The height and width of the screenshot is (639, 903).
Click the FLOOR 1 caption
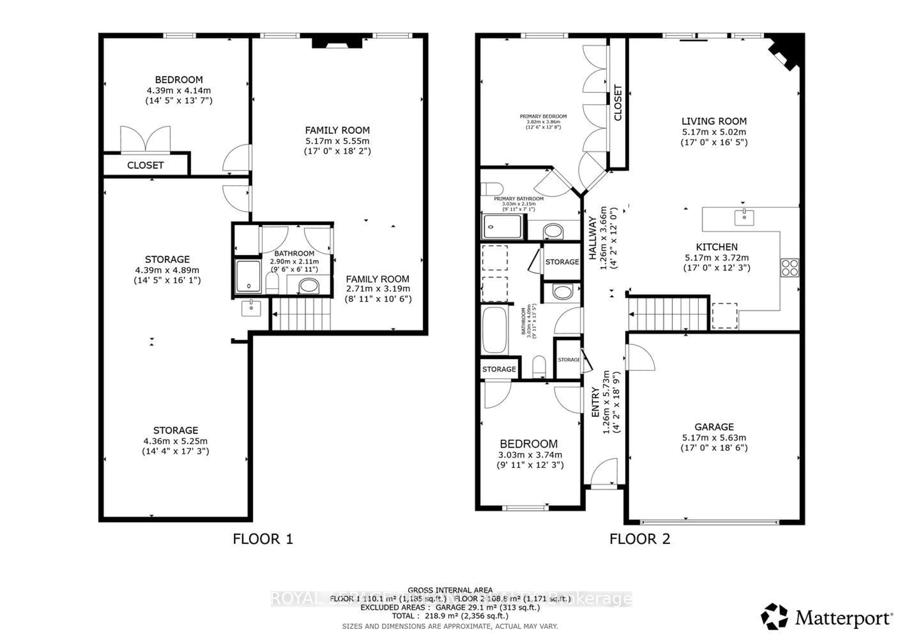(263, 539)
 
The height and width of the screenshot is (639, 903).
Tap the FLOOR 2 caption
(639, 539)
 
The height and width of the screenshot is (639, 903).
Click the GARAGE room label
(714, 427)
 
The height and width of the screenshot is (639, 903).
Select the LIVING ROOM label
(714, 121)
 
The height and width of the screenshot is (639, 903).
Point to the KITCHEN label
(717, 247)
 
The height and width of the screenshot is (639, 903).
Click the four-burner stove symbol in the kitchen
(790, 268)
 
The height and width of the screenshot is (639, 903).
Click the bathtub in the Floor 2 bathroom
(494, 330)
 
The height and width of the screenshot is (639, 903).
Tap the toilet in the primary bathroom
(492, 189)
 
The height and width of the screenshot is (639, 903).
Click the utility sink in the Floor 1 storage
(251, 308)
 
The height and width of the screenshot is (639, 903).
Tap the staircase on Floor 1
(301, 314)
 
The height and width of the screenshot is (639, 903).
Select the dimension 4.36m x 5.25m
(175, 441)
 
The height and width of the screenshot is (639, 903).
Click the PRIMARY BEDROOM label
(543, 116)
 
